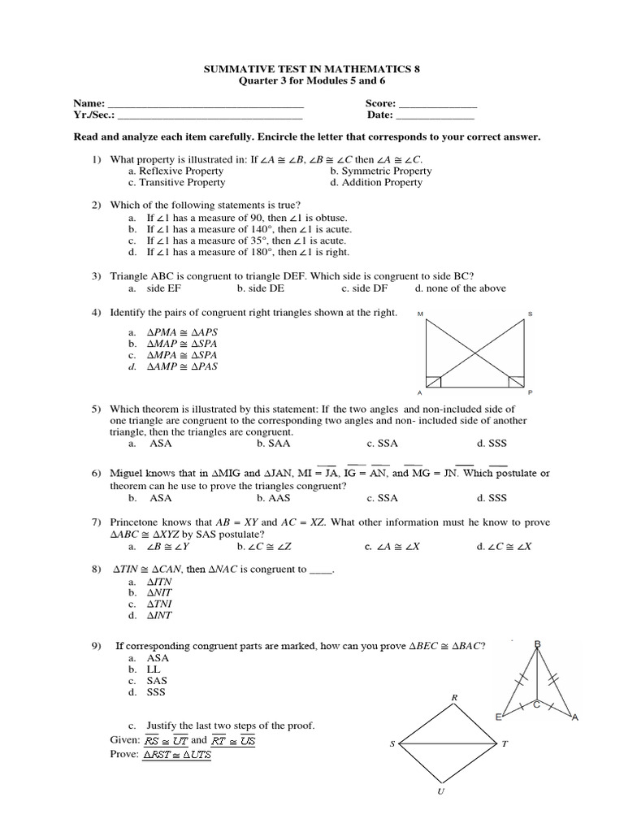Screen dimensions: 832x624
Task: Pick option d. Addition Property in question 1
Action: pyautogui.click(x=376, y=183)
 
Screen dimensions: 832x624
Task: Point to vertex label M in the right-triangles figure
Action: pyautogui.click(x=420, y=314)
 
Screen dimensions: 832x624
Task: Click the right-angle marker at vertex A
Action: pyautogui.click(x=435, y=380)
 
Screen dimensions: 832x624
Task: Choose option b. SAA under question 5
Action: pyautogui.click(x=273, y=444)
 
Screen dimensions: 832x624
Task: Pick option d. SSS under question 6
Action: pyautogui.click(x=492, y=498)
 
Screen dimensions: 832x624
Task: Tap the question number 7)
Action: pyautogui.click(x=96, y=522)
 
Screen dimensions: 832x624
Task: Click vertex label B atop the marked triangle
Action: pyautogui.click(x=537, y=645)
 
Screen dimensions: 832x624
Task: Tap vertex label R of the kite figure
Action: pyautogui.click(x=455, y=697)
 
